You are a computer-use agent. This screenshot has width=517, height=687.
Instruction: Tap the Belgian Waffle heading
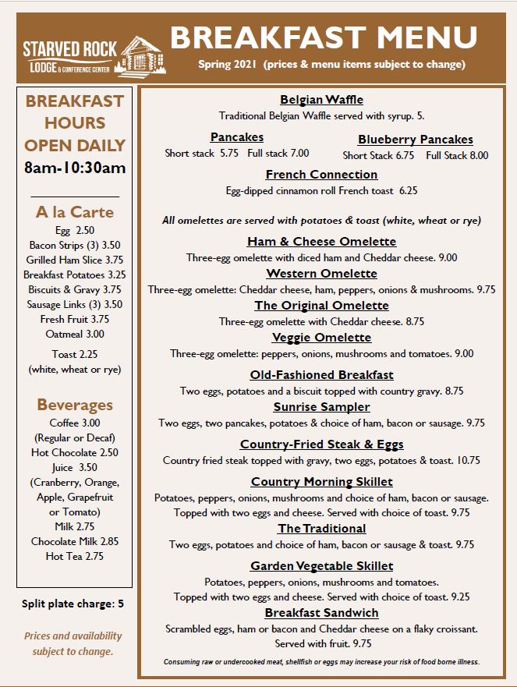point(321,100)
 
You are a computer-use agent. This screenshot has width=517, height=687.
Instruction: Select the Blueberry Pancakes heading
point(415,140)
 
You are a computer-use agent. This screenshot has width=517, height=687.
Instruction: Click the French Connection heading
point(321,175)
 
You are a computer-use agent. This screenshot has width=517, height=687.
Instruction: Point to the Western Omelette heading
point(321,274)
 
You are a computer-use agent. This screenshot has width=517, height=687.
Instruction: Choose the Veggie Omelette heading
point(321,338)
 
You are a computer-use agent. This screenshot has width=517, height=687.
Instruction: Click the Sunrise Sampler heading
point(321,407)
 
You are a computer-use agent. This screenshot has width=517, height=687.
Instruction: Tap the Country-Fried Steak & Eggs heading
point(321,444)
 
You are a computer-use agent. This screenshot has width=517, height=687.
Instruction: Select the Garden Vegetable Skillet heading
point(321,566)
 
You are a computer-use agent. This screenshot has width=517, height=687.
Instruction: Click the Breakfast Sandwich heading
point(321,613)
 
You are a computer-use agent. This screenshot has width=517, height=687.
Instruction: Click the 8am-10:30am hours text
point(75,168)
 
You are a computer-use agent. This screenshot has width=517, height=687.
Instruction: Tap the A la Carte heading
point(75,212)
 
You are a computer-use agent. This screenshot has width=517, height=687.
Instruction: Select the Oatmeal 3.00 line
point(75,335)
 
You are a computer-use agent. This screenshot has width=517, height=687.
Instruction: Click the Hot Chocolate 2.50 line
point(75,452)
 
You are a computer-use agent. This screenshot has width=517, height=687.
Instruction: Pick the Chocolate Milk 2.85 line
point(75,541)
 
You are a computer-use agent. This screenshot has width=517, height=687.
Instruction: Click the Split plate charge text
point(73,604)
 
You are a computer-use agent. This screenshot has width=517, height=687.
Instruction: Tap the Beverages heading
point(75,405)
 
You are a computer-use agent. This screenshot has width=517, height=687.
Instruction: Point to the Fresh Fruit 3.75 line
point(75,320)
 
